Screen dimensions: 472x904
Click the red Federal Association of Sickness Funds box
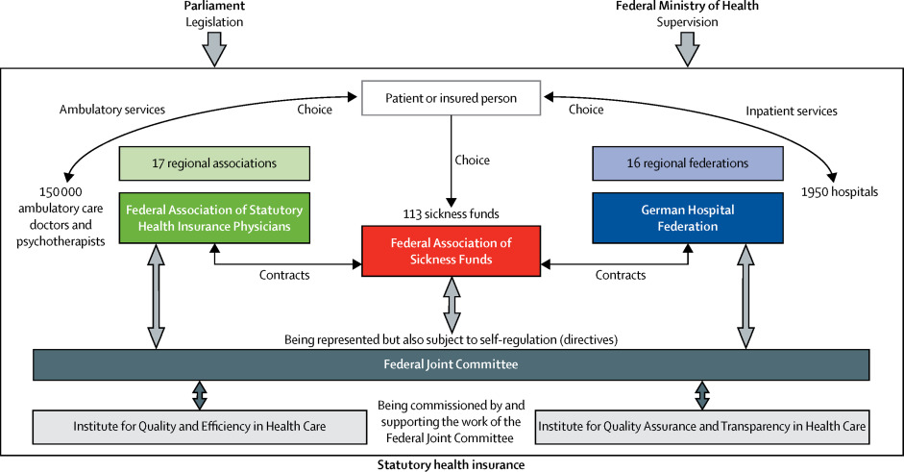(x=451, y=251)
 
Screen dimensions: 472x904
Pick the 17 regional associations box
(x=214, y=163)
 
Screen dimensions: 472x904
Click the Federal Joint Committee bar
(x=451, y=364)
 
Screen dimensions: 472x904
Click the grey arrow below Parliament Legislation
(x=215, y=48)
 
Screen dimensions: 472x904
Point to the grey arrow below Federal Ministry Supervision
(x=687, y=48)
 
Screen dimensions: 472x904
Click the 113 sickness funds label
(x=451, y=212)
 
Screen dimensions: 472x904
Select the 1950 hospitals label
(x=842, y=191)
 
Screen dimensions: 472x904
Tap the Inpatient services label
(x=792, y=111)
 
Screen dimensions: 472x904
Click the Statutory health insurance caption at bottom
(x=451, y=464)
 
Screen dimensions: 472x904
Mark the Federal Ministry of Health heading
(x=687, y=6)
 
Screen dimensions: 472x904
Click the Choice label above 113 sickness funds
(x=472, y=160)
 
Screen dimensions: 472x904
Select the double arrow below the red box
(x=451, y=304)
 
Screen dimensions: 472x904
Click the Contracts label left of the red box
(x=284, y=275)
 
